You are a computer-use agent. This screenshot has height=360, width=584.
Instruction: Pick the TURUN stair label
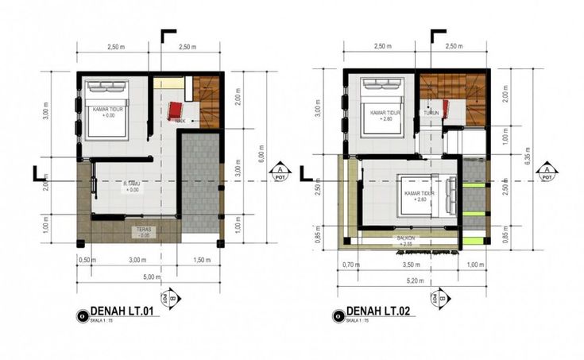click(431, 114)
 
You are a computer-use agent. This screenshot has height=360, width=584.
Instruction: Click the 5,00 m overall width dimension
click(149, 277)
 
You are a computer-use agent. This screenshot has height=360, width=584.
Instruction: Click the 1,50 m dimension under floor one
click(202, 260)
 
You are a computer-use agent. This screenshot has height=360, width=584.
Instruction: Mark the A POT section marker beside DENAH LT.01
click(279, 172)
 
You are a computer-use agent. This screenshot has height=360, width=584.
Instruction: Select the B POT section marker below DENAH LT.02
click(436, 300)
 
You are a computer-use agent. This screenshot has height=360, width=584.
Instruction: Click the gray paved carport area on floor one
click(199, 183)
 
